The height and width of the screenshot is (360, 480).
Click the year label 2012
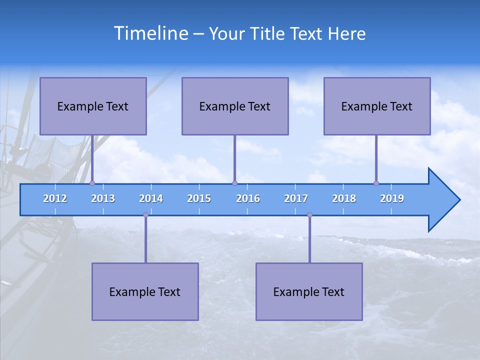coord(55,198)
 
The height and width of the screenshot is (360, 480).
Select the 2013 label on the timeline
coord(103,198)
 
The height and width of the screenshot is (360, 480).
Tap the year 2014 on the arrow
coord(151,198)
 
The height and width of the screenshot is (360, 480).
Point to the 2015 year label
coord(199,198)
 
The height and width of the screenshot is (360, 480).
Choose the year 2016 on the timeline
coord(248,198)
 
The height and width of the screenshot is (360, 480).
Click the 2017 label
coord(296,198)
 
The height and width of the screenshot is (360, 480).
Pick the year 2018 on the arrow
coord(344,198)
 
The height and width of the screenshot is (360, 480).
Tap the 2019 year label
coord(392,198)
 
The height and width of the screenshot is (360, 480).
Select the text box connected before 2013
coord(93,106)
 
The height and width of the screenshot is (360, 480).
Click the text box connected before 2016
coord(235,106)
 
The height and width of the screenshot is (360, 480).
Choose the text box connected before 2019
coord(377,106)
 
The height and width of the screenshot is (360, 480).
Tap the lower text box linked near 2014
coord(145,291)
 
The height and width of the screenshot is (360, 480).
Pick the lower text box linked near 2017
coord(309,291)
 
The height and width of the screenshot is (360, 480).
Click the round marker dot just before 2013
coord(92,183)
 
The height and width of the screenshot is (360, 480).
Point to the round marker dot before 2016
coord(234,183)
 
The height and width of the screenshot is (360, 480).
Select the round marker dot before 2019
coord(376,183)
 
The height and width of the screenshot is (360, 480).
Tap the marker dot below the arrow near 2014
coord(145,214)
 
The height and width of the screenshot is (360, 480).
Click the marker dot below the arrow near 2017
coord(309,214)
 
